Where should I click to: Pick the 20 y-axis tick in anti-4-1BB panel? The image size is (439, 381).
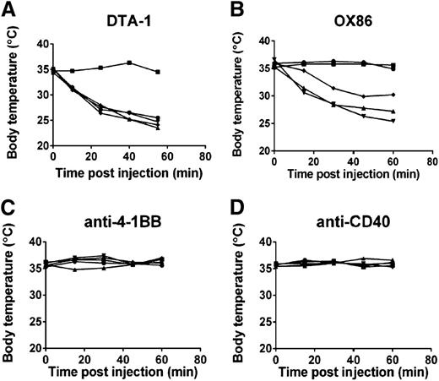pyautogui.click(x=38, y=347)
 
